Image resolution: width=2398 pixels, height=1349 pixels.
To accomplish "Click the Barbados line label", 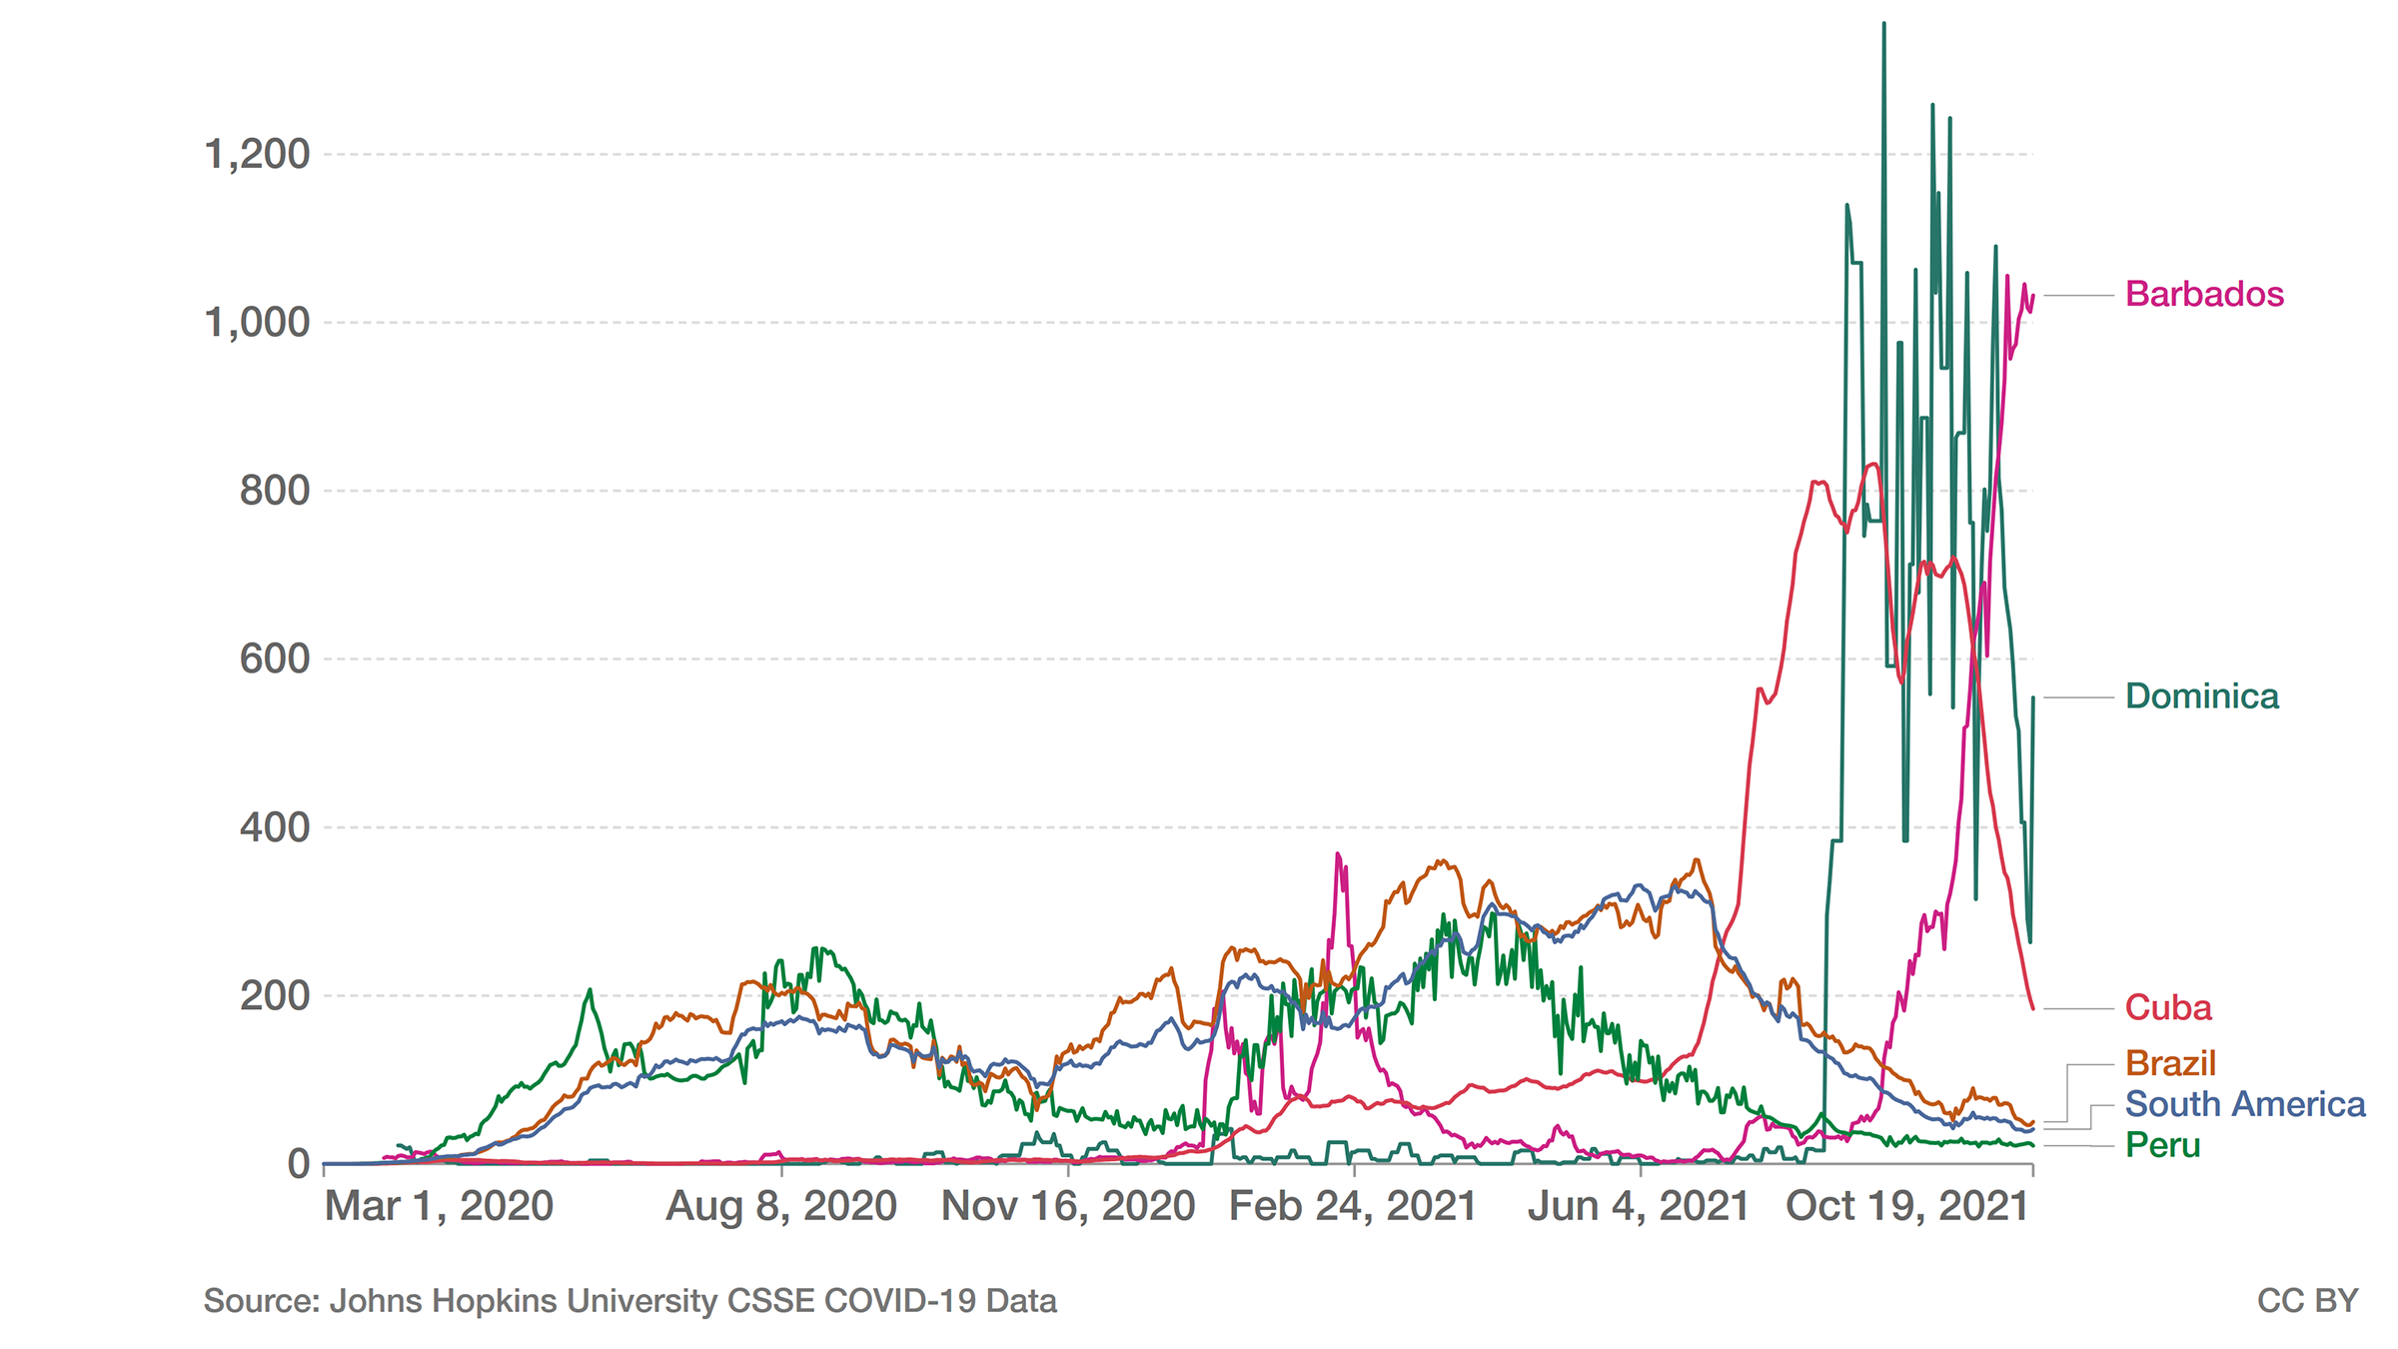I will [x=2204, y=295].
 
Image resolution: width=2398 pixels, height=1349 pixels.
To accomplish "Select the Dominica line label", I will [x=2202, y=696].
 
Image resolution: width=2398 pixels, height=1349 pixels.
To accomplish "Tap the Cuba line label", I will [x=2168, y=1007].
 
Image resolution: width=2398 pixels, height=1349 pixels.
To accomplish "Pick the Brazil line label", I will [x=2170, y=1063].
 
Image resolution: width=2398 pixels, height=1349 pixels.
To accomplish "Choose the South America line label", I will [x=2245, y=1104].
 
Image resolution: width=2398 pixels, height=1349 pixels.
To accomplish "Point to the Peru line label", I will [x=2163, y=1145].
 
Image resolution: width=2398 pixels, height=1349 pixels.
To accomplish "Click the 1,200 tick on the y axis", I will [x=257, y=155].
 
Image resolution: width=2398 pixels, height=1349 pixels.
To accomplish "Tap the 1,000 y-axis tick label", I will [x=257, y=323].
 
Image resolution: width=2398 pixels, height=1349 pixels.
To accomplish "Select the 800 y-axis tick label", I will [x=275, y=492].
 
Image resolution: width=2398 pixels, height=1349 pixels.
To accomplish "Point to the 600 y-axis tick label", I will [x=275, y=660].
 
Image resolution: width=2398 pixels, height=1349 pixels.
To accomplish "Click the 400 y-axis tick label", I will [x=275, y=827].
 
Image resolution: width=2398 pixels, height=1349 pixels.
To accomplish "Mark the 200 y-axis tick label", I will [x=275, y=996].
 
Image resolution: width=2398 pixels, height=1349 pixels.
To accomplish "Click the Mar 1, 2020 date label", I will [x=439, y=1207].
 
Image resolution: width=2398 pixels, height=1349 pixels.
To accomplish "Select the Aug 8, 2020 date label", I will [x=781, y=1207].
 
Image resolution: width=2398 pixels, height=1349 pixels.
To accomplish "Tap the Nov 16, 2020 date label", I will [x=1068, y=1207].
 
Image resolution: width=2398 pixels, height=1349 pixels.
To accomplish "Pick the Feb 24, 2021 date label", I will [x=1353, y=1207].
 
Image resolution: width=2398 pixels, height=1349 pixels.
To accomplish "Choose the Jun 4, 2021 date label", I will [x=1639, y=1207].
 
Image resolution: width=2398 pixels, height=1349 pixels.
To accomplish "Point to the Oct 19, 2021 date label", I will [x=1907, y=1207].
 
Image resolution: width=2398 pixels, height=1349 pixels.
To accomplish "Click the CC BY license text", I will [x=2307, y=1301].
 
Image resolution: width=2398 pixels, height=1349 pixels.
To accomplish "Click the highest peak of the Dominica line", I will [x=1884, y=24].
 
